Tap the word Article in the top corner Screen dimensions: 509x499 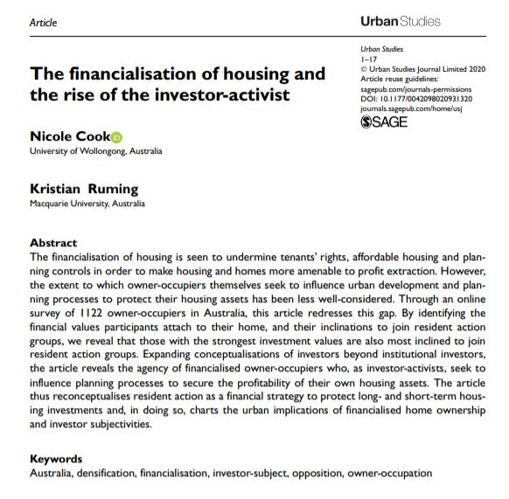[43, 23]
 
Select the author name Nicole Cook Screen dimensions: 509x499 [69, 136]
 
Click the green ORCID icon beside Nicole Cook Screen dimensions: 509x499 [117, 137]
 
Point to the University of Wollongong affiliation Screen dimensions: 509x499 [95, 151]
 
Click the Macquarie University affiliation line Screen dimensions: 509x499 [87, 204]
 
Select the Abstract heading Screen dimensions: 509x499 [53, 242]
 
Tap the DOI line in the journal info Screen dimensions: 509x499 [415, 98]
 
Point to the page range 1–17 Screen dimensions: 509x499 [368, 59]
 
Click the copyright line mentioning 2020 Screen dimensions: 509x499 [416, 68]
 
